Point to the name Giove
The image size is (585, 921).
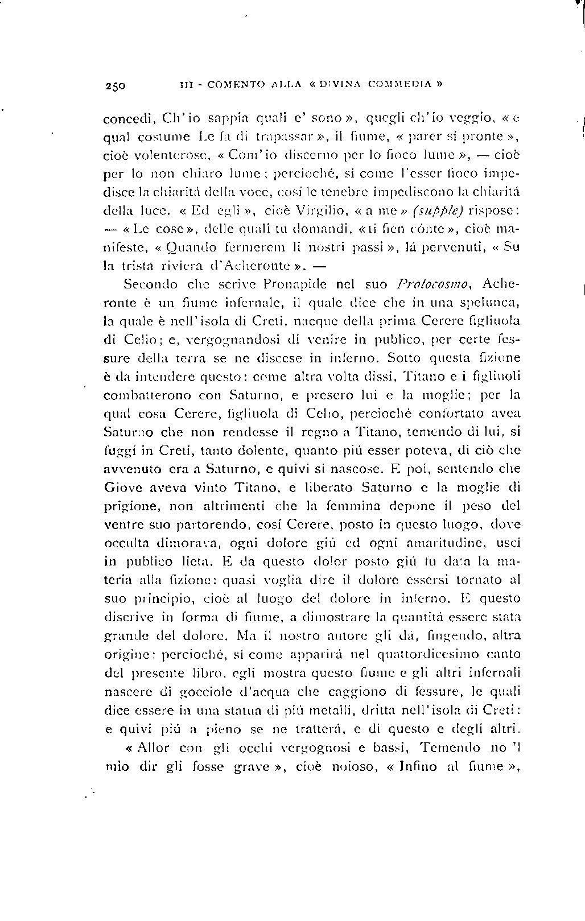[x=121, y=487]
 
